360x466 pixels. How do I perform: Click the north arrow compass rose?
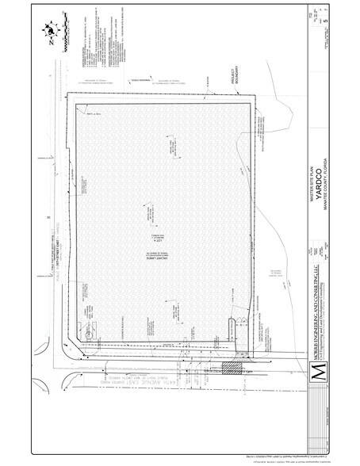tap(51, 30)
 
